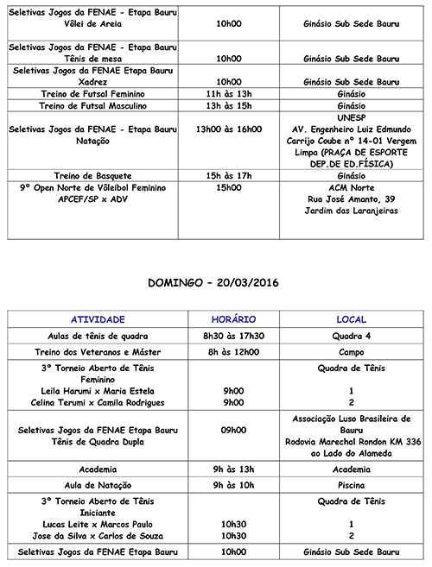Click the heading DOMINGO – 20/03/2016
216,283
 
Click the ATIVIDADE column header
98,319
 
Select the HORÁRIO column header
232,319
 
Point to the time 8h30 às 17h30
232,336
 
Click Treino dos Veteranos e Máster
98,352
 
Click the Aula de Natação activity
98,485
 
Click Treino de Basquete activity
98,174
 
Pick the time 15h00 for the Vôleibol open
229,186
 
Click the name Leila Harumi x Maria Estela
98,390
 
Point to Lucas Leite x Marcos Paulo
98,523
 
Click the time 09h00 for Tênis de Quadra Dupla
232,429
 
